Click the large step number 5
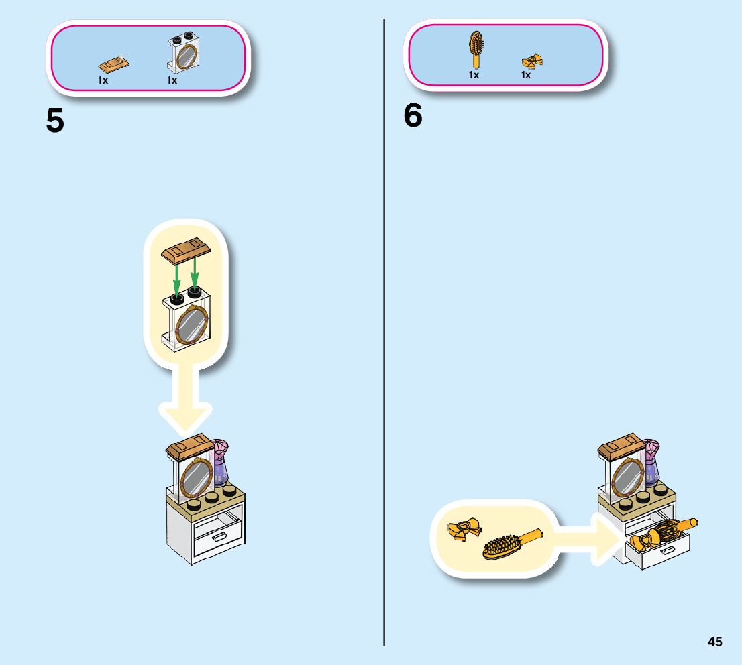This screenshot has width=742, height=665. coord(55,121)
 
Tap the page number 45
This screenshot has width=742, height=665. coord(714,642)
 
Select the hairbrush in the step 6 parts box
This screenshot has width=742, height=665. coord(476,48)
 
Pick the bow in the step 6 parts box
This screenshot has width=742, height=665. coord(531,62)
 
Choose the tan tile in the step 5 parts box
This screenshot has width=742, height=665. coord(114,64)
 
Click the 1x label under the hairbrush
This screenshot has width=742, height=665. coord(474,75)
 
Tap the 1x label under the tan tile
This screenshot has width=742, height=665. coord(103,80)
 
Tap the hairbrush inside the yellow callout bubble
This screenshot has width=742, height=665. coord(510,543)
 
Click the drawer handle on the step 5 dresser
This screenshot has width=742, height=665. coord(219,537)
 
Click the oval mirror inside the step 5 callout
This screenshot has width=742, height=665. coord(190,324)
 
